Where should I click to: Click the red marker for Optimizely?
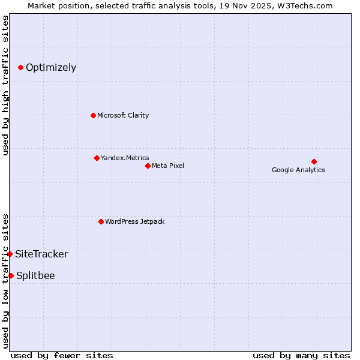coord(20,67)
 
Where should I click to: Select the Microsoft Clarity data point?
coord(93,115)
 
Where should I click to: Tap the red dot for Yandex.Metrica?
coord(97,158)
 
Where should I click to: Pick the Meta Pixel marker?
coord(148,166)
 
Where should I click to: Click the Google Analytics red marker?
coord(314,161)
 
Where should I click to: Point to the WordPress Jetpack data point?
coord(101,221)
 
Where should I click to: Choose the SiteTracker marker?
coord(10,254)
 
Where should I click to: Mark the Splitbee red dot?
coord(11,275)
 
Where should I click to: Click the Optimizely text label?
coord(51,67)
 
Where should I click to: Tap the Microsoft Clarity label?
coord(123,115)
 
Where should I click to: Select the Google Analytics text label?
coord(298,170)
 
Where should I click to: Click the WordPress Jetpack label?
coord(134,221)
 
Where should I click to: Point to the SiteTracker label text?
coord(41,254)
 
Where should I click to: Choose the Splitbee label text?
coord(35,275)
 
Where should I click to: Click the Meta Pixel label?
coord(168,166)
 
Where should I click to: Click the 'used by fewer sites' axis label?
coord(62,355)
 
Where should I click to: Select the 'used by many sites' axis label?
coord(301,355)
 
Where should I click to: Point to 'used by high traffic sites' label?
coord(5,85)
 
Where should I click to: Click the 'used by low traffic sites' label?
coord(5,280)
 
